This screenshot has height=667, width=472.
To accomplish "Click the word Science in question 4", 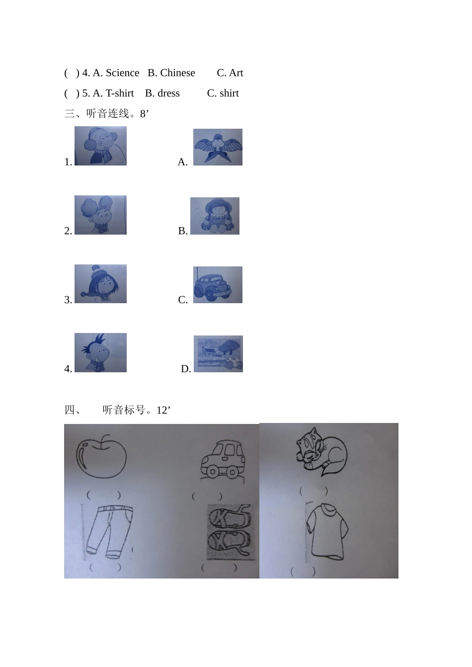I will [122, 73].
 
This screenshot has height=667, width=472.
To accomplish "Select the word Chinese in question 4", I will [177, 73].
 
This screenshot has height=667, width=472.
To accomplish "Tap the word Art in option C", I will [236, 73].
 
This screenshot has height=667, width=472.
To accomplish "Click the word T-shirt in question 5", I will [120, 93].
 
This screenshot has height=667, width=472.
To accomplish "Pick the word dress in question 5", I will [168, 93].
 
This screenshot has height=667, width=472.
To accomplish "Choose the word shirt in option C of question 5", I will [229, 93].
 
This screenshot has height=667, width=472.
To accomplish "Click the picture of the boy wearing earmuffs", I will [100, 146].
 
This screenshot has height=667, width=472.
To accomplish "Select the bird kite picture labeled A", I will [218, 147].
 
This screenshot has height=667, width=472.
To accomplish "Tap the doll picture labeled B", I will [215, 216].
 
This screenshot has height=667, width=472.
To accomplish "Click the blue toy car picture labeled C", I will [218, 285].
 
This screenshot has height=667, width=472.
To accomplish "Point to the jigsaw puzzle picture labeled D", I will [218, 353].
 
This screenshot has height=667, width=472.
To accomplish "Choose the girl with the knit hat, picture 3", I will [100, 284].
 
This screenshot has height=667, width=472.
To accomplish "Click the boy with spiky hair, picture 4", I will [100, 352].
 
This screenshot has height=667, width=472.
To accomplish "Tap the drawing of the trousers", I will [109, 531].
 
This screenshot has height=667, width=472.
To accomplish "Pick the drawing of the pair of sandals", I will [230, 530].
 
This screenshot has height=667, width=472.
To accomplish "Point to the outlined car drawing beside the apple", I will [222, 460].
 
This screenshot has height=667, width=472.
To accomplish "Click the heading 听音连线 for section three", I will [107, 114].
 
